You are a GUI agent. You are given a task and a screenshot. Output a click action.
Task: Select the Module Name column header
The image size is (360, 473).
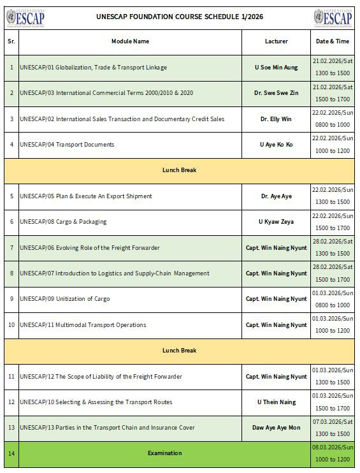point(130,41)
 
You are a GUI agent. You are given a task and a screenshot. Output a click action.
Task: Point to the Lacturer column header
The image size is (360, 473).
point(276,41)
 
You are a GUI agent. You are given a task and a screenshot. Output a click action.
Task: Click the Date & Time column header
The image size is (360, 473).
point(333,41)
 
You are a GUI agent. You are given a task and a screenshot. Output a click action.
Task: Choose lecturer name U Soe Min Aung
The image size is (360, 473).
point(276,67)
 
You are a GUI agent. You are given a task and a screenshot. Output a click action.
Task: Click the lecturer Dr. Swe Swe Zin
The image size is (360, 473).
point(276,93)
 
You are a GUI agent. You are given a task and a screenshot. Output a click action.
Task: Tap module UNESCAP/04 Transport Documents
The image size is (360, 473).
point(67,144)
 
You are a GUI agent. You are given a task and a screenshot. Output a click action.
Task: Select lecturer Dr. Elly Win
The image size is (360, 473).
point(276,119)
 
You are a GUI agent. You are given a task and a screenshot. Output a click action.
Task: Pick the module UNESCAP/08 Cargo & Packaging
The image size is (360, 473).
point(63,221)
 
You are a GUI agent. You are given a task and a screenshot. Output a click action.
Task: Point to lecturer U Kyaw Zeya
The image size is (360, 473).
point(276,221)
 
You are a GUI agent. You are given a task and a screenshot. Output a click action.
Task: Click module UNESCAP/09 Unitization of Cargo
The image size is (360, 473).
point(65,299)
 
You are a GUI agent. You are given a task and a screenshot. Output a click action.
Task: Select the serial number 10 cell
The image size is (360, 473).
point(11,324)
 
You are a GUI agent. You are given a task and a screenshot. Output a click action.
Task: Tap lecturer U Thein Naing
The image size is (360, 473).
point(276,402)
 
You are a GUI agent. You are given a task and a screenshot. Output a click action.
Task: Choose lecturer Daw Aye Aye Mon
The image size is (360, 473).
point(276,428)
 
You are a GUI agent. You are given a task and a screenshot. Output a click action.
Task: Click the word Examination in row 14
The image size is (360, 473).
point(164,453)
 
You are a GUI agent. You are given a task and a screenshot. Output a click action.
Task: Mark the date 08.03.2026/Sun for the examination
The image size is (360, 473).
point(333,448)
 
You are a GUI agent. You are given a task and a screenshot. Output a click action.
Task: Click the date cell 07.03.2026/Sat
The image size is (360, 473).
point(333,422)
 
